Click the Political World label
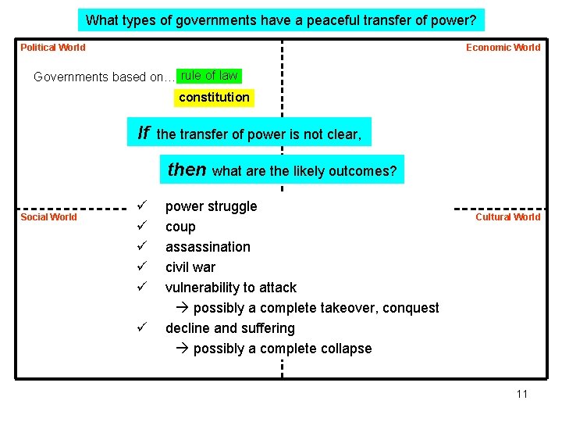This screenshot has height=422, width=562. click(53, 48)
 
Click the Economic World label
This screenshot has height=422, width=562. click(503, 48)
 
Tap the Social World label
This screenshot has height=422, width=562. click(48, 217)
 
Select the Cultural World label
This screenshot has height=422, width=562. click(507, 217)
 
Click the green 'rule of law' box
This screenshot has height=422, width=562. click(209, 76)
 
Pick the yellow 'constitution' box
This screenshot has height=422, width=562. click(214, 98)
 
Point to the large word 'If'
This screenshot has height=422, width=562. click(144, 133)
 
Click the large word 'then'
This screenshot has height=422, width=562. click(187, 170)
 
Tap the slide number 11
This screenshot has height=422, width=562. click(521, 394)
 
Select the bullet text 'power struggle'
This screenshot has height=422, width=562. click(211, 206)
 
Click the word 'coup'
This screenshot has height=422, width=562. click(180, 227)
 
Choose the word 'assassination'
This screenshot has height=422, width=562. click(208, 247)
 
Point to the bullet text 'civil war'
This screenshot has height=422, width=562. click(190, 267)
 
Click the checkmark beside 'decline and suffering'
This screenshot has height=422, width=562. click(140, 327)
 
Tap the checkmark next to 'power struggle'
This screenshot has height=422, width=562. click(140, 206)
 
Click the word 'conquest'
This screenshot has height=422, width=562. click(408, 308)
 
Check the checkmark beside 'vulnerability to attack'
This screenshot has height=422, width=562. click(140, 287)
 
